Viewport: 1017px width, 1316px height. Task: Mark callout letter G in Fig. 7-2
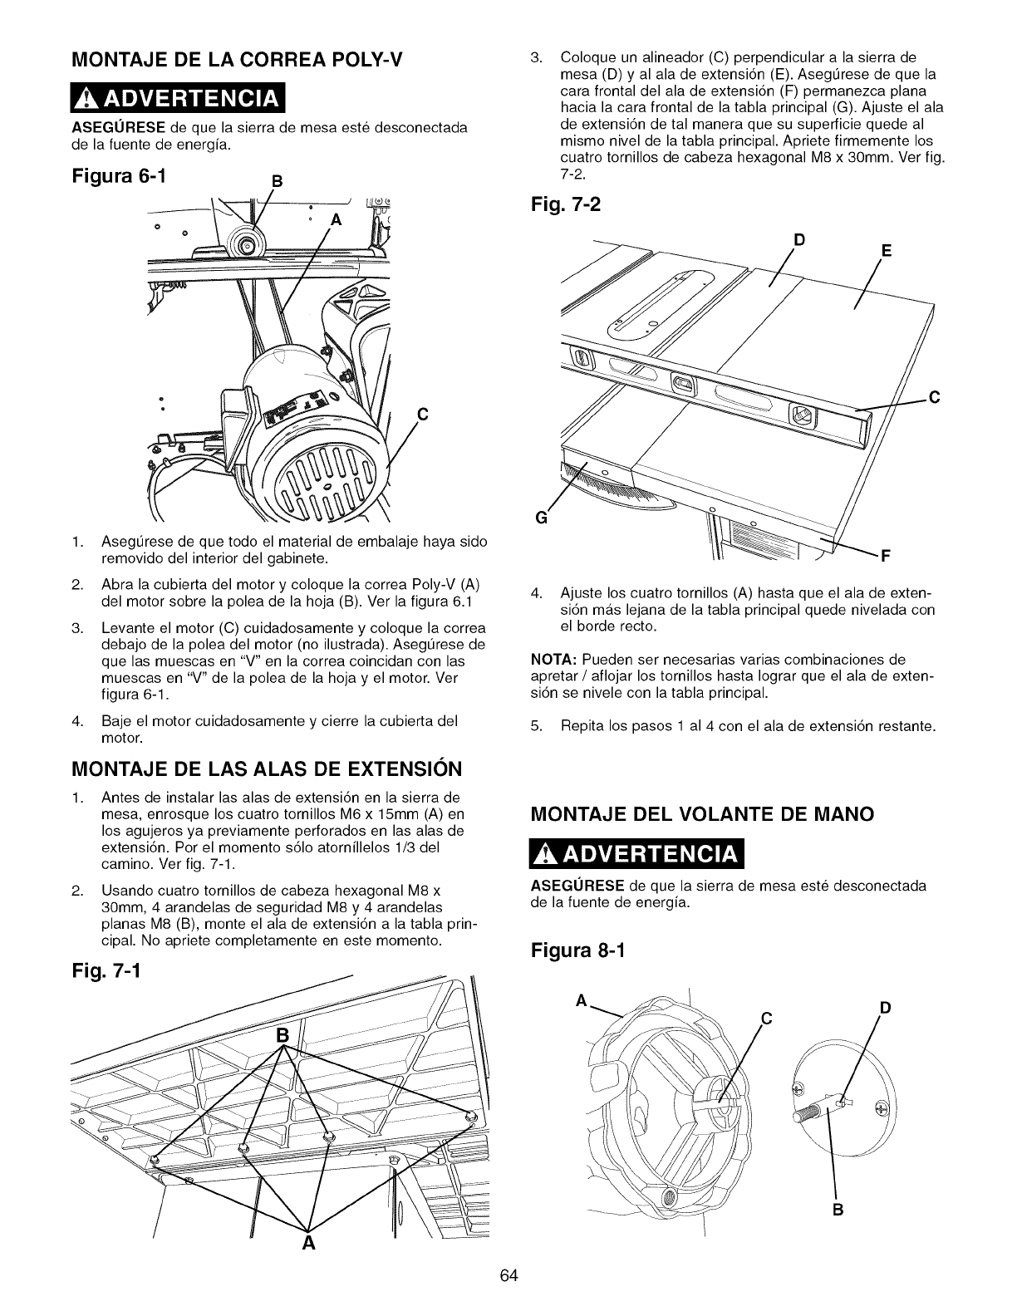click(x=543, y=520)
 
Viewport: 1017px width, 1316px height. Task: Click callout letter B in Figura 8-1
click(x=838, y=1233)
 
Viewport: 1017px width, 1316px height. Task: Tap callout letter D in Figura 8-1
click(x=885, y=1009)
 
